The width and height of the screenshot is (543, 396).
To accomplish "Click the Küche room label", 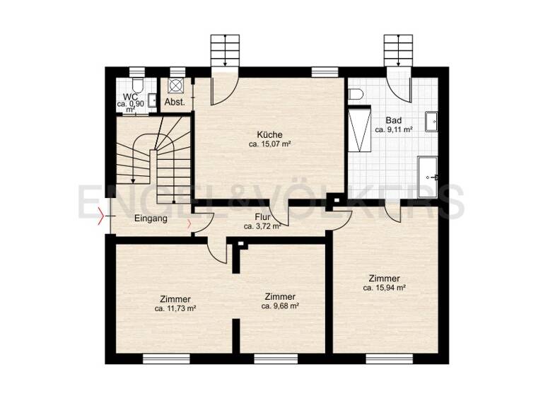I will pos(270,134).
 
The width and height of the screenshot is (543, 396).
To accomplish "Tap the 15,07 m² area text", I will pos(270,144).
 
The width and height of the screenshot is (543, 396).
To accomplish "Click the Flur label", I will pos(264,217).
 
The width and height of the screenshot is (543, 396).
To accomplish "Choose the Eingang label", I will pos(151,219).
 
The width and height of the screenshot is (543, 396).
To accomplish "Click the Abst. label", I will pos(175,103).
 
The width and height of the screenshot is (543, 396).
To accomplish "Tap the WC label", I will pos(130,97).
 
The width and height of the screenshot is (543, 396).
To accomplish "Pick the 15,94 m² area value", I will pos(384,288).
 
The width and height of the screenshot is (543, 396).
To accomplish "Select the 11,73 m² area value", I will pos(175,308).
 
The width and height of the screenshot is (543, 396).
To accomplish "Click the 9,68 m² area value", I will pos(280,306).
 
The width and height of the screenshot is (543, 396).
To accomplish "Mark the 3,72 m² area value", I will pos(263,227).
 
